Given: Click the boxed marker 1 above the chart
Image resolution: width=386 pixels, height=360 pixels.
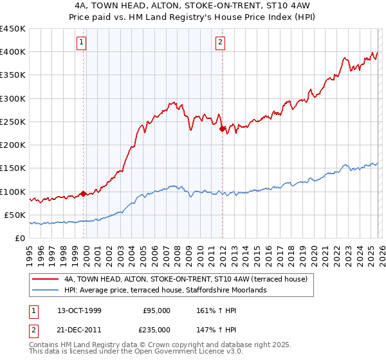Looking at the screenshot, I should click(82, 43).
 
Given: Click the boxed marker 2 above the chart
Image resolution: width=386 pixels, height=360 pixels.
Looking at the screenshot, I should click(221, 43).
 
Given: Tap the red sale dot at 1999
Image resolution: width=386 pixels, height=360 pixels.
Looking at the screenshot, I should click(84, 194).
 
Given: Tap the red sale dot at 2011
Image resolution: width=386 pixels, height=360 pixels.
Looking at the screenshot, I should click(223, 129).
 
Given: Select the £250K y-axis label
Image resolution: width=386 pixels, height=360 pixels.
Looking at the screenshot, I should click(13, 122).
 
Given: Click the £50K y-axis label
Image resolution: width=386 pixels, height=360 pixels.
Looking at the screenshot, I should click(15, 215).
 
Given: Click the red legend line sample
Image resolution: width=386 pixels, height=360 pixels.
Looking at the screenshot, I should click(46, 279).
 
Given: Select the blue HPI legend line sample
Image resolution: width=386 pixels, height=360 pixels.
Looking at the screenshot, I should click(46, 290).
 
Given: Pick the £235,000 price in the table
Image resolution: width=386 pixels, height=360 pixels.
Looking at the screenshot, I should click(156, 328).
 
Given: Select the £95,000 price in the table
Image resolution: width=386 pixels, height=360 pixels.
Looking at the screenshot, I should click(156, 310).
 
